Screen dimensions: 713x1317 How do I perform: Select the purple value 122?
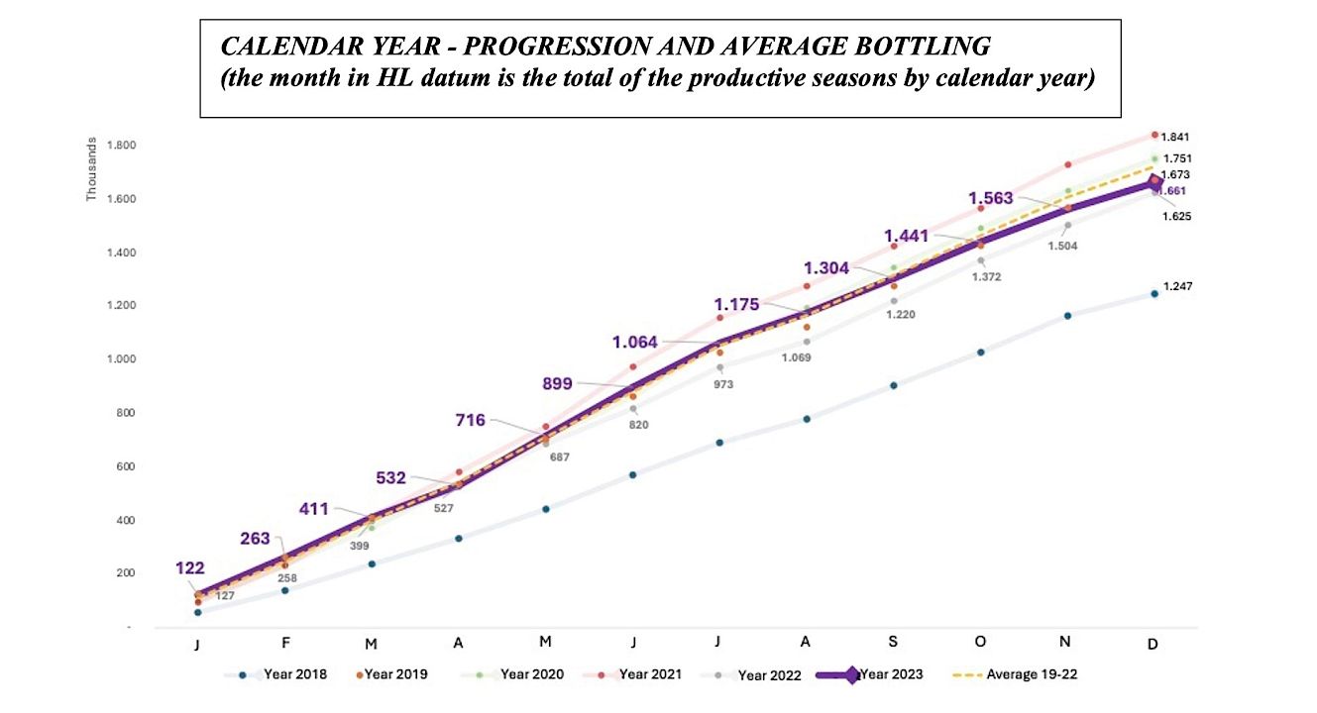click(x=190, y=568)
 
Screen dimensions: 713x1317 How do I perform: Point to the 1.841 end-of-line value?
click(x=1176, y=137)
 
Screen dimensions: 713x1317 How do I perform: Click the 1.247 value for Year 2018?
click(x=1176, y=287)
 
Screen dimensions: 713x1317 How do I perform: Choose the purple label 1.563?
click(x=991, y=198)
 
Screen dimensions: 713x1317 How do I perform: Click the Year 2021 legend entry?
click(x=649, y=675)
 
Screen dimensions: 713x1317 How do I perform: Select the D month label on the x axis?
click(x=1153, y=644)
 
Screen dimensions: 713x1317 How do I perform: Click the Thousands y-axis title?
click(x=91, y=169)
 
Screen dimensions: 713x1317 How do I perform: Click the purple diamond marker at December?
click(x=1153, y=183)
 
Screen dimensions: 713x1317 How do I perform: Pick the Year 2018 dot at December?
click(x=1153, y=293)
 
